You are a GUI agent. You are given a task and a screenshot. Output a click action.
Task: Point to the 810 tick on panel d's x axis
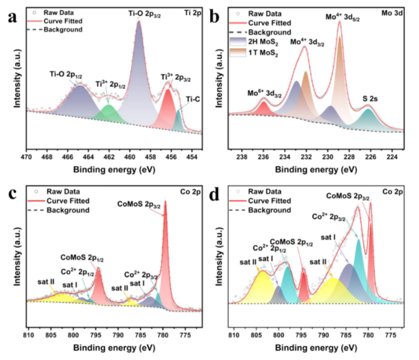click(234, 335)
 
